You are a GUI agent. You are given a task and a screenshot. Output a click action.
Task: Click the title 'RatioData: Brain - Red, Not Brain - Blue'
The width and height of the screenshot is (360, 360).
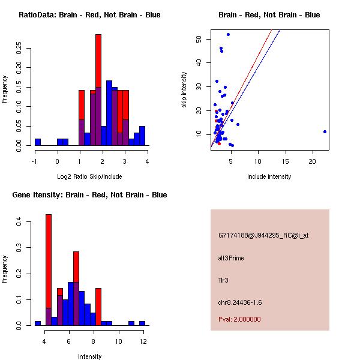click(x=89, y=15)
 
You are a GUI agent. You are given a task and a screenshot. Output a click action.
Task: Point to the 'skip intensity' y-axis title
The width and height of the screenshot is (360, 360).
click(x=184, y=90)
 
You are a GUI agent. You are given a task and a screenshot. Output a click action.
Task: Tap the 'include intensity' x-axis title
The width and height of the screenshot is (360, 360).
click(x=269, y=176)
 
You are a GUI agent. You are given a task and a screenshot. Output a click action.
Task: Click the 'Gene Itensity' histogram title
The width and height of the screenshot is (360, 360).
click(x=89, y=195)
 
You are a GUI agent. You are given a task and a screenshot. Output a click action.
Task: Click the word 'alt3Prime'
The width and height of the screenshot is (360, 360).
click(x=231, y=258)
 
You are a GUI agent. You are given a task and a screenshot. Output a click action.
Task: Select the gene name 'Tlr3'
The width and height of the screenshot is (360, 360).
click(x=224, y=280)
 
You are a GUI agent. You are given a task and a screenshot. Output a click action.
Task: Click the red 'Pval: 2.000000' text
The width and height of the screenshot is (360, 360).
click(x=239, y=319)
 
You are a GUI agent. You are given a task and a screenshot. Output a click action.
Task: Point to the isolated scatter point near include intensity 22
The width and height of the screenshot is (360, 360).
click(x=325, y=131)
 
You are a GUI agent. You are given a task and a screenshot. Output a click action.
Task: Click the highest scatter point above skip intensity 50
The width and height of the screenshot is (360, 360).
click(x=228, y=35)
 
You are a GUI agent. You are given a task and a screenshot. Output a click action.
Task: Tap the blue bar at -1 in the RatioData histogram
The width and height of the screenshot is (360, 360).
click(x=38, y=142)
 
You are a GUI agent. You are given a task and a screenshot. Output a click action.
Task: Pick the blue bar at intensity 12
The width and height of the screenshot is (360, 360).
click(x=142, y=323)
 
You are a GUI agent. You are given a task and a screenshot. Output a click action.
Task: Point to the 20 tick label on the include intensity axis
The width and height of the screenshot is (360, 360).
click(x=313, y=161)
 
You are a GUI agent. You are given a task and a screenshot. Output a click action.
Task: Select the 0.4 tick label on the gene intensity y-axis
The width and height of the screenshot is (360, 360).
click(x=20, y=222)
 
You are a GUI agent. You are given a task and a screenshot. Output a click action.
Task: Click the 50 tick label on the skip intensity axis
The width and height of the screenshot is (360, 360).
click(x=198, y=39)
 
